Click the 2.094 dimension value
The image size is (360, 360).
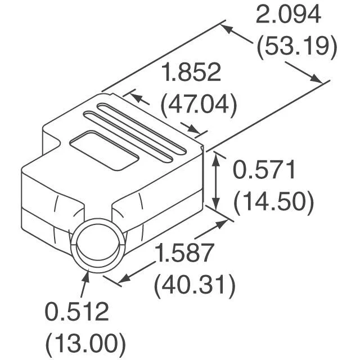pyautogui.click(x=288, y=15)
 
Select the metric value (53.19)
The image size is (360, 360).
pyautogui.click(x=297, y=47)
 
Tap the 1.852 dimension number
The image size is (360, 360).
pyautogui.click(x=191, y=72)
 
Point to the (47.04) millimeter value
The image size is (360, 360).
pyautogui.click(x=199, y=105)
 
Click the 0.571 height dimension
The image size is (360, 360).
pyautogui.click(x=264, y=170)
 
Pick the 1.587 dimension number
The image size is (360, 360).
pyautogui.click(x=184, y=253)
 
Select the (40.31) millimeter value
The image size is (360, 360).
pyautogui.click(x=195, y=285)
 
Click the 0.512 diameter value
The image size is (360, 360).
pyautogui.click(x=76, y=312)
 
